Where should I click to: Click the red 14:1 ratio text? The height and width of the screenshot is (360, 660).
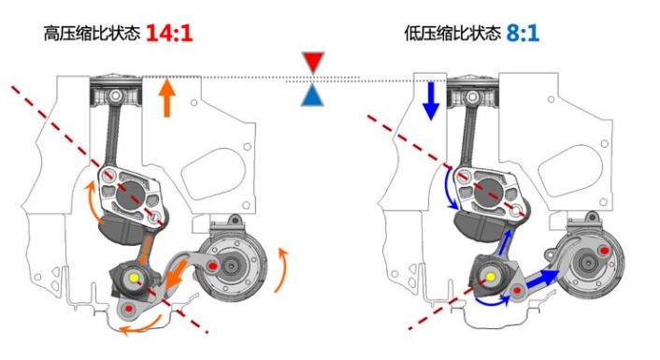pos(169,34)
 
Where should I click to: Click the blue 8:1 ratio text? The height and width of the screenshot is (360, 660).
pos(523,34)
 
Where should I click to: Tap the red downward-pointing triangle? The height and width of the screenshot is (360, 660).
pos(313,63)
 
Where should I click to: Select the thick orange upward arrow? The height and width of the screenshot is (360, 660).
pos(167,97)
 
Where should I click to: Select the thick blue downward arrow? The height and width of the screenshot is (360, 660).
pos(431,101)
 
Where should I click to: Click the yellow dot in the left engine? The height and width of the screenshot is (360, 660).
pos(135,277)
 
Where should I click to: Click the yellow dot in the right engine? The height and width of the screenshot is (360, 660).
pos(491,277)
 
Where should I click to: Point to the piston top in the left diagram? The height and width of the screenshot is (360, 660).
pos(116,79)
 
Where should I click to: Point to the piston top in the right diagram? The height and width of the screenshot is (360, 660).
pos(473,79)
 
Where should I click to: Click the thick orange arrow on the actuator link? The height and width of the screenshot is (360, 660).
pos(176,275)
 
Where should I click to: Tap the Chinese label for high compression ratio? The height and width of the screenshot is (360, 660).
pos(92,34)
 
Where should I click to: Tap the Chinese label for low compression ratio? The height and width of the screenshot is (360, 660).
pos(452,34)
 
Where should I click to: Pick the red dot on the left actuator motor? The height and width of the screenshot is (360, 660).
pos(212,266)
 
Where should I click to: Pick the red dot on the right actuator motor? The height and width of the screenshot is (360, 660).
pos(605,251)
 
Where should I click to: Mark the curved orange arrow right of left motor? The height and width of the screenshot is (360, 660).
pos(283,269)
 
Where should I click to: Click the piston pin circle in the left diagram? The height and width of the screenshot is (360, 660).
pos(116,96)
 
